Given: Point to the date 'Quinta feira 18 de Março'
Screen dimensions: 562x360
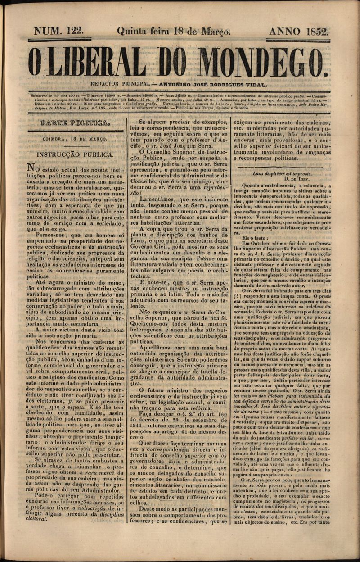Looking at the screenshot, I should point(174,31).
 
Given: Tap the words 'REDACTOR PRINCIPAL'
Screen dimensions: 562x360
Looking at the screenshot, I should point(119,84).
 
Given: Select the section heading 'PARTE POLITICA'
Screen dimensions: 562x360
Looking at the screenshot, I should point(75,123).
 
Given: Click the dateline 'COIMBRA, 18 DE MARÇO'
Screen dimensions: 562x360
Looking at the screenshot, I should point(75,140).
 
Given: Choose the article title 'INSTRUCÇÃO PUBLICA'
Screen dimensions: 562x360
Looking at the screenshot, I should point(75,154).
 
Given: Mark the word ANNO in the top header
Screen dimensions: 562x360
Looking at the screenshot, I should point(285,31).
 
